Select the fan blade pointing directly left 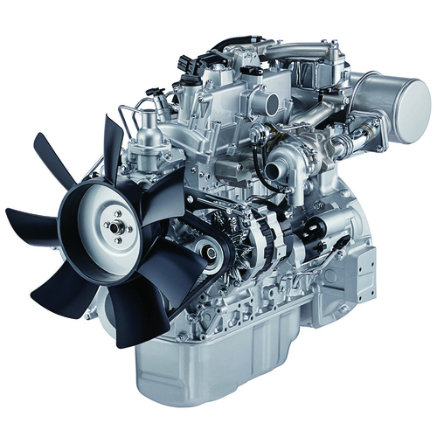(35, 218)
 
